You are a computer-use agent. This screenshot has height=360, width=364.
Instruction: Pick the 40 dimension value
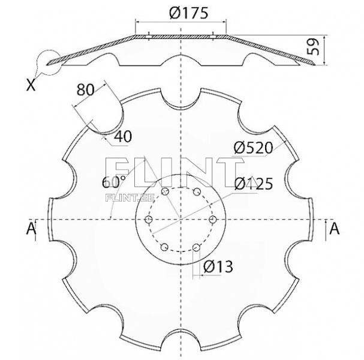[122, 136]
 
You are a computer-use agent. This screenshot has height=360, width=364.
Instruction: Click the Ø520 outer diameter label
[254, 148]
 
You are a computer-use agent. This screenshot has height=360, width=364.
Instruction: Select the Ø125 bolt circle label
[254, 183]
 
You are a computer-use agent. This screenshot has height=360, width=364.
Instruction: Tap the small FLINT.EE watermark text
[121, 197]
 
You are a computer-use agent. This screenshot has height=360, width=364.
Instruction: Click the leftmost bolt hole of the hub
[148, 220]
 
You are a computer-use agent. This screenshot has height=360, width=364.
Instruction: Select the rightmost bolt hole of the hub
[212, 220]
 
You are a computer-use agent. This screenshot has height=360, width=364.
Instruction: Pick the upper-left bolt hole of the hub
[164, 191]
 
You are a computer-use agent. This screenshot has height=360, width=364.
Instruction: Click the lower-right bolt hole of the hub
[196, 247]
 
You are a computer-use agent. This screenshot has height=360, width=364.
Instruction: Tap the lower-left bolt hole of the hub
[164, 247]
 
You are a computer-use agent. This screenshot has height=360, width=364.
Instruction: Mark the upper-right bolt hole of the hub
[196, 191]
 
